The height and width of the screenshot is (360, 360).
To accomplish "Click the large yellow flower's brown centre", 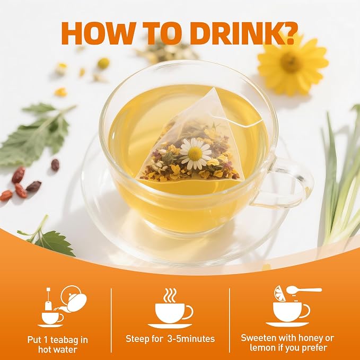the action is pos(291,63).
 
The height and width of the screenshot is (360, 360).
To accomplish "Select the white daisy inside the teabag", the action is pos(196,153).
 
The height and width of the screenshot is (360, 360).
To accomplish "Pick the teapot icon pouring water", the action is pos(73,298).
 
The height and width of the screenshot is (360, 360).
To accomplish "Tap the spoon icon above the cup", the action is pos(303,291).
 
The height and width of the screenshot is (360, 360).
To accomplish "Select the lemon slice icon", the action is pos(279,293).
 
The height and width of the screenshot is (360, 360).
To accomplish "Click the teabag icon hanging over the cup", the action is pos(48,299).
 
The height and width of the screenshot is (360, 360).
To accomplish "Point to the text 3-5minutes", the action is pos(191,339).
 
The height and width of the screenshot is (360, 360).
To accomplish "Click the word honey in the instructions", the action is pos(308,338).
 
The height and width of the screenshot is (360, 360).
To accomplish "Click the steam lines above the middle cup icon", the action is pos(170,295).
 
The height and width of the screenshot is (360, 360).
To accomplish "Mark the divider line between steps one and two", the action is pos(111,321).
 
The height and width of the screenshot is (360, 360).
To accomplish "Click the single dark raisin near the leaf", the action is pos(55,165).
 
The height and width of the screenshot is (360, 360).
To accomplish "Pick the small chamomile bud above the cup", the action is pos(103,64).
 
